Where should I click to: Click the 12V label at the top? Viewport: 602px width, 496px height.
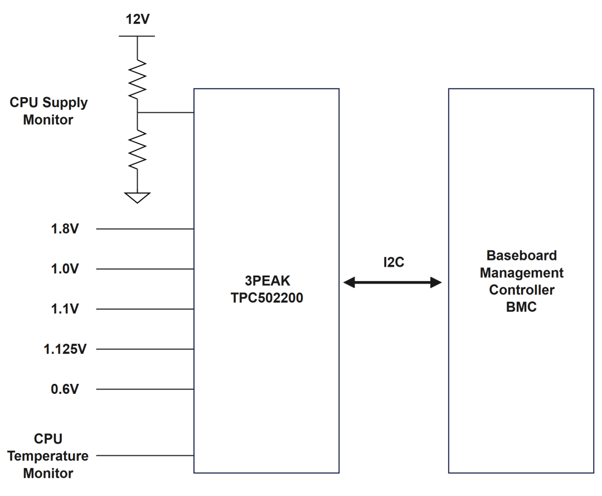(x=138, y=19)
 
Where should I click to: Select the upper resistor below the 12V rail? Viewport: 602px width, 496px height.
(x=138, y=79)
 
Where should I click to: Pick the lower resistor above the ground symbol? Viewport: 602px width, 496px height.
(x=138, y=150)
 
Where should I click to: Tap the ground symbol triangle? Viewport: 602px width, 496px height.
(x=138, y=198)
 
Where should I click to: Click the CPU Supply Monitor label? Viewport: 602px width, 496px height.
(x=48, y=110)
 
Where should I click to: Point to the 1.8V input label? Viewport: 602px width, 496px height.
(x=65, y=229)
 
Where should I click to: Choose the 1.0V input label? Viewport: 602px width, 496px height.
(x=65, y=268)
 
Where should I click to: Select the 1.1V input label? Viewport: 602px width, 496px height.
(x=65, y=309)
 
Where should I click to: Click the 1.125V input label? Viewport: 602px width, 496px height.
(x=65, y=349)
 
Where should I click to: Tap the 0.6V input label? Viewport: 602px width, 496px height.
(x=65, y=389)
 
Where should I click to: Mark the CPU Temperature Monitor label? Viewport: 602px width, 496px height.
(x=48, y=456)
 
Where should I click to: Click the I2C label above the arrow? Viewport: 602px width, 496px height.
(x=394, y=262)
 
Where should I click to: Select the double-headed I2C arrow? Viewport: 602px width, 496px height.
(x=392, y=282)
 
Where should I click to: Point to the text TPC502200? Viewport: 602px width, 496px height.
(x=267, y=298)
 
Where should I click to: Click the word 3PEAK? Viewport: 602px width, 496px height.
(x=267, y=281)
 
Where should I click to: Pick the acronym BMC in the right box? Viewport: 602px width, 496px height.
(x=521, y=307)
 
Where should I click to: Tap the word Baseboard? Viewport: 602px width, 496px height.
(x=521, y=256)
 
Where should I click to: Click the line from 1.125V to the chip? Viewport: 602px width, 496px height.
(x=145, y=349)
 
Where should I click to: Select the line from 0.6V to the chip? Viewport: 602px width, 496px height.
(x=145, y=389)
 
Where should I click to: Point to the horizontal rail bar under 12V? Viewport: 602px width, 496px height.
(x=137, y=36)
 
